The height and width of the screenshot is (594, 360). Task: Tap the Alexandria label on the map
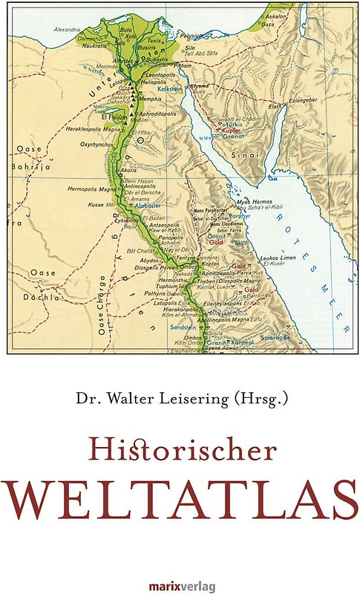67,30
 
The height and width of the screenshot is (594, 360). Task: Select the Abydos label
148,261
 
